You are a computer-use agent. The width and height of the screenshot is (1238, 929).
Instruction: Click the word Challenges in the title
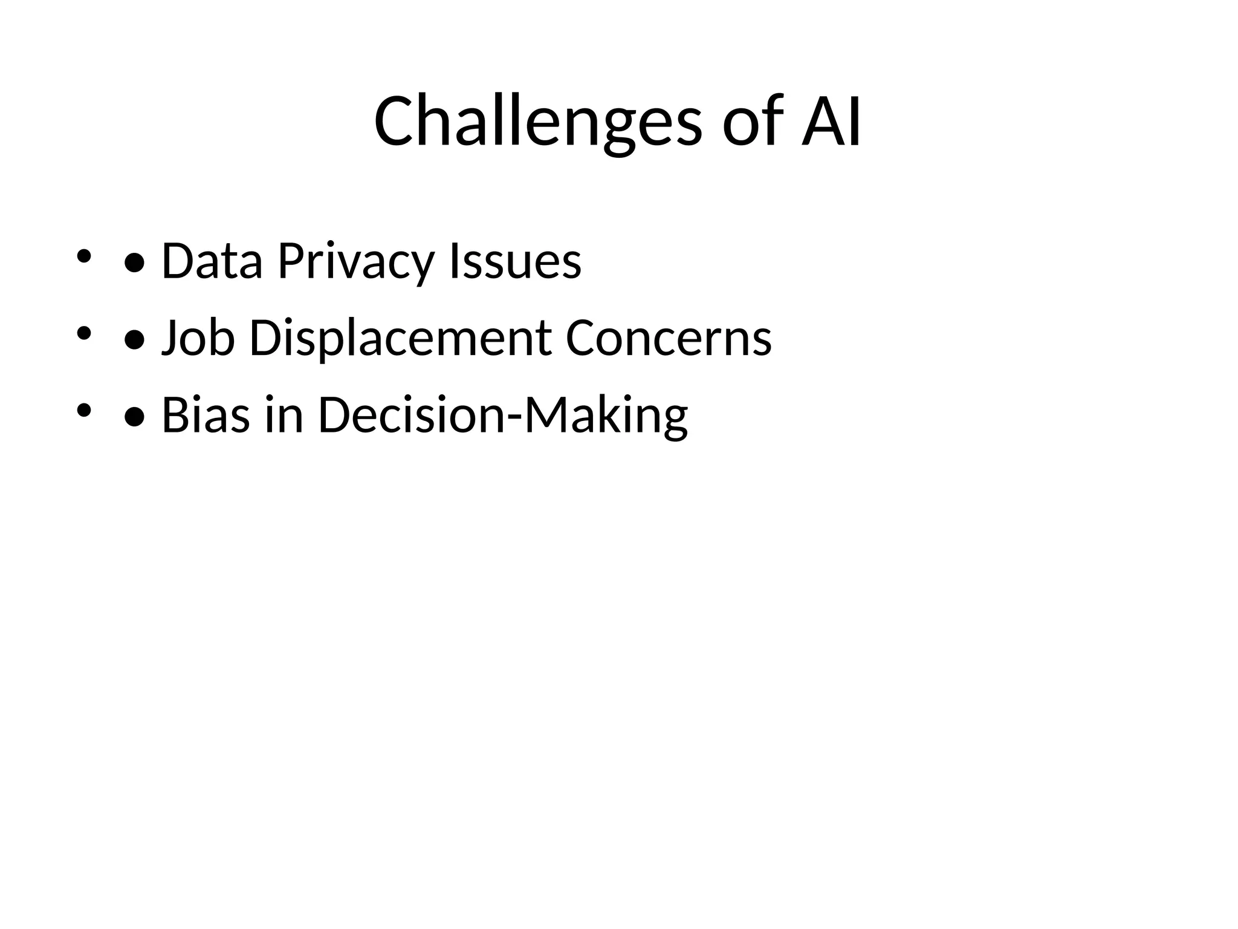pyautogui.click(x=537, y=122)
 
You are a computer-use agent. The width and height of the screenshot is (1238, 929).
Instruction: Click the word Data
pyautogui.click(x=212, y=261)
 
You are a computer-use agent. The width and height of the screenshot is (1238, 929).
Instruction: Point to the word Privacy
pyautogui.click(x=356, y=261)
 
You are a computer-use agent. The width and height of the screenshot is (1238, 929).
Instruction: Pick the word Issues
pyautogui.click(x=515, y=261)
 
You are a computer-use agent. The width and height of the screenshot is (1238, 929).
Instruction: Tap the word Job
pyautogui.click(x=198, y=338)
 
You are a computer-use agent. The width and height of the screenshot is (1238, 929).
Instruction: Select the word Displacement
pyautogui.click(x=400, y=338)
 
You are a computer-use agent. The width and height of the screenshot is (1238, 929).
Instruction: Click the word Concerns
pyautogui.click(x=669, y=338)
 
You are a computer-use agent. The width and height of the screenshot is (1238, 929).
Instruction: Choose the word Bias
pyautogui.click(x=206, y=416)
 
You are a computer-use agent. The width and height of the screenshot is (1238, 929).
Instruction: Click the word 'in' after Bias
pyautogui.click(x=284, y=416)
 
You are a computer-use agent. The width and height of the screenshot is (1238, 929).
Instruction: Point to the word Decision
pyautogui.click(x=410, y=416)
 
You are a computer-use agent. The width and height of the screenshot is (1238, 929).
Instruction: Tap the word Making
pyautogui.click(x=606, y=416)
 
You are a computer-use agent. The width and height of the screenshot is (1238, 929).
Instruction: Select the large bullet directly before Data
pyautogui.click(x=134, y=264)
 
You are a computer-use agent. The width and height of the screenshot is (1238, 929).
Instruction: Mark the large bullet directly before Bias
pyautogui.click(x=134, y=418)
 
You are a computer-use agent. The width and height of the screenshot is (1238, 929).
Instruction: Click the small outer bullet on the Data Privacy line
pyautogui.click(x=83, y=256)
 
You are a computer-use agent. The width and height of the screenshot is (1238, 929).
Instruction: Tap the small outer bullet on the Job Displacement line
pyautogui.click(x=83, y=333)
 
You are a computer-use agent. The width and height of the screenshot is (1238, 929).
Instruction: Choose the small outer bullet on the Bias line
pyautogui.click(x=83, y=410)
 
